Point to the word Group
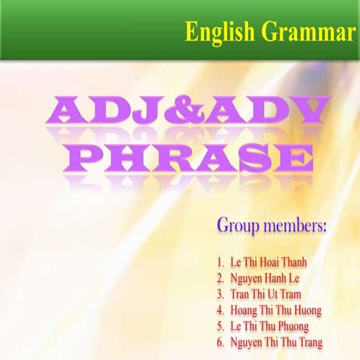[x=238, y=223]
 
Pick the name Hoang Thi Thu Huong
[x=277, y=310]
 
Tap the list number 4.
[x=220, y=310]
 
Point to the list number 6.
[x=220, y=341]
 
